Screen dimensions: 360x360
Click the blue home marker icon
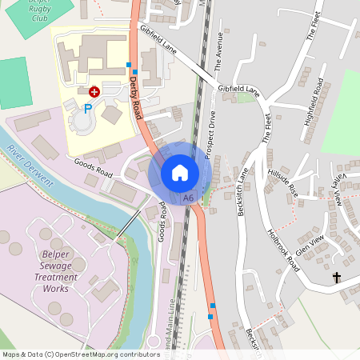tap(180, 172)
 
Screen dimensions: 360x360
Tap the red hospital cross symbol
tap(94, 93)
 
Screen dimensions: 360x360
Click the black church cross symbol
tap(337, 278)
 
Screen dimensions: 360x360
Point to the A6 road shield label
tap(188, 198)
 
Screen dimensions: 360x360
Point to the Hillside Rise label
tap(282, 183)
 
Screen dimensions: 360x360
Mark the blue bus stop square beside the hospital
tap(129, 64)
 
